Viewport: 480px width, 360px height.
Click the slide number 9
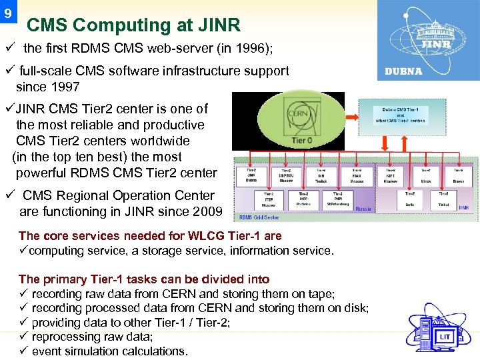[x=7, y=11]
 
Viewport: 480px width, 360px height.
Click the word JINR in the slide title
[x=219, y=26]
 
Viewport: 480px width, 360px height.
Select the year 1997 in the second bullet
[x=66, y=87]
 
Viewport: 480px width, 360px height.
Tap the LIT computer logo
[x=443, y=330]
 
